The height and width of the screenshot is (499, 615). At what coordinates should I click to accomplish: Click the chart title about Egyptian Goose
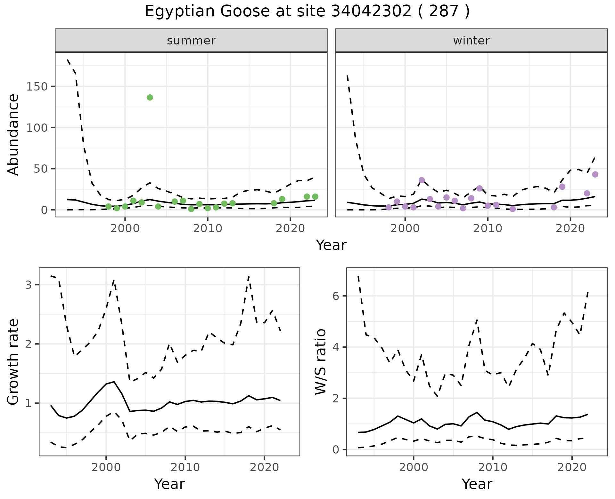(x=307, y=12)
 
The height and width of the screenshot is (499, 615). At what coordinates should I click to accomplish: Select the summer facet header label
(x=191, y=41)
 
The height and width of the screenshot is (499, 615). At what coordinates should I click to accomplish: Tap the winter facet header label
(x=471, y=41)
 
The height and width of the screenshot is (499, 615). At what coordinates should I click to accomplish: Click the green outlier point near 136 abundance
(x=150, y=98)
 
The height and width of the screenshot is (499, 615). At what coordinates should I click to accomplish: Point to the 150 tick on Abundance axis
(x=37, y=87)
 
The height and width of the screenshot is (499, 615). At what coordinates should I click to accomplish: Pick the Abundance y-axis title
(x=13, y=134)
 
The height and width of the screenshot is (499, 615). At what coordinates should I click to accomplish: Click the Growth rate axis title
(x=13, y=362)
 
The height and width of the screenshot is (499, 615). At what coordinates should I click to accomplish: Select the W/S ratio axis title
(x=321, y=362)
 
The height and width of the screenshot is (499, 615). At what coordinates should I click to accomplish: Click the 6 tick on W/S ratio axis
(x=336, y=296)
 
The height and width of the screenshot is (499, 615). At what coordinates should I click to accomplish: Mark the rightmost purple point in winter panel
(x=595, y=174)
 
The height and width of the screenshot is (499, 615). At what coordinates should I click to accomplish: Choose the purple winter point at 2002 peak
(x=422, y=180)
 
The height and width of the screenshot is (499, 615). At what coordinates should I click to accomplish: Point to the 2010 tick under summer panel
(x=208, y=228)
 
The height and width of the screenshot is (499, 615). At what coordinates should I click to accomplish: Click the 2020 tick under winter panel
(x=570, y=228)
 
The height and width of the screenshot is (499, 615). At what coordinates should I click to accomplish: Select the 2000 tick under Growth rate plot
(x=106, y=467)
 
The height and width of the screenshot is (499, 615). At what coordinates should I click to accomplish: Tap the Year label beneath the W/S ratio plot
(x=477, y=484)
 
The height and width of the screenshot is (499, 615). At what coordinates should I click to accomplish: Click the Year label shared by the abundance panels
(x=331, y=245)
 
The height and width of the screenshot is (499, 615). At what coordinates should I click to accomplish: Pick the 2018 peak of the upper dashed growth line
(x=249, y=276)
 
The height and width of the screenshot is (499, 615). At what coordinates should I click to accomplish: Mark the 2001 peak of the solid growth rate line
(x=114, y=382)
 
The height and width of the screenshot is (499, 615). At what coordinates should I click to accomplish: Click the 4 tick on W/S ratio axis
(x=336, y=347)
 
